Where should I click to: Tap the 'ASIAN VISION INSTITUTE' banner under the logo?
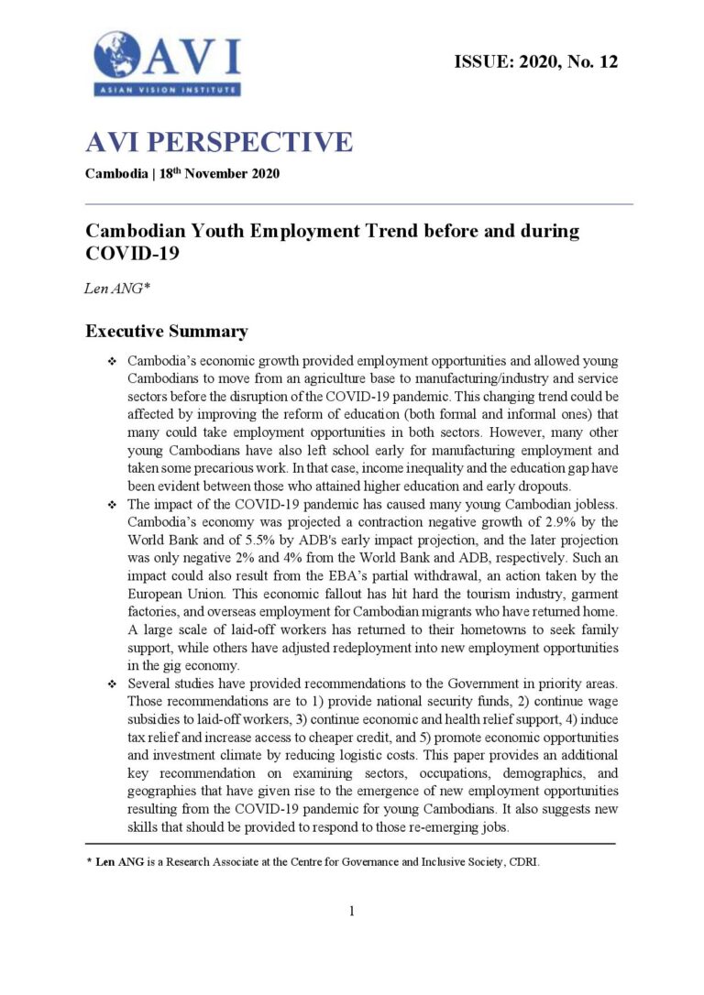[x=166, y=90]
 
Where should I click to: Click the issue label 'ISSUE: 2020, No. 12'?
[x=536, y=62]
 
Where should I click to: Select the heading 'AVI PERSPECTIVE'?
[x=218, y=143]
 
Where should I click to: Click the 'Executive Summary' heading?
[x=166, y=331]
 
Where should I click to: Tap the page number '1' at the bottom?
[x=351, y=911]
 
